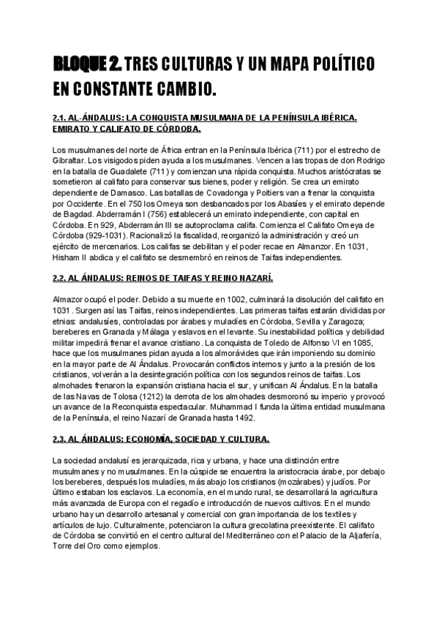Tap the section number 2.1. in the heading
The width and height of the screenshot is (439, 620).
click(x=61, y=117)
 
